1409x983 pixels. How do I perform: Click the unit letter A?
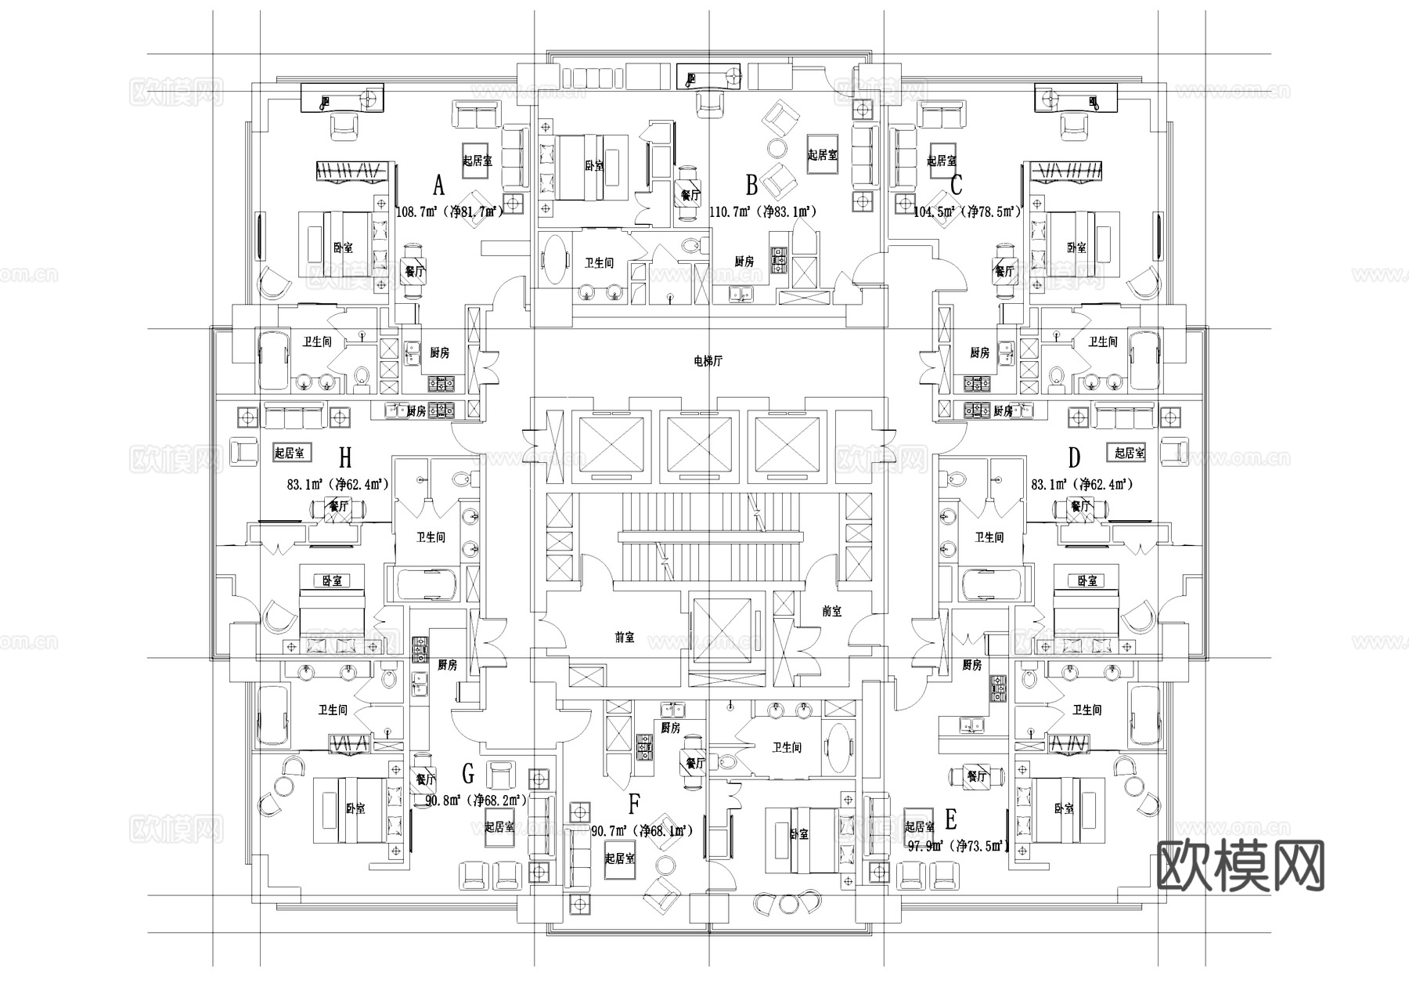(x=438, y=186)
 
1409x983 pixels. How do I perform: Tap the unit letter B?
(x=751, y=186)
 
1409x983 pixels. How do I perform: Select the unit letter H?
(x=345, y=457)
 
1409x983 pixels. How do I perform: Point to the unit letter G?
(x=468, y=775)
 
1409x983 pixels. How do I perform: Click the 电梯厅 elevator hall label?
(x=708, y=361)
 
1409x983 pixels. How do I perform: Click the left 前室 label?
(x=625, y=638)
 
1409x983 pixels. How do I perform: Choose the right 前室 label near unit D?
(x=832, y=611)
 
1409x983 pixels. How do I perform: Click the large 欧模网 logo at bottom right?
(x=1241, y=866)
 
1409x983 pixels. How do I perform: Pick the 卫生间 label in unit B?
(x=599, y=263)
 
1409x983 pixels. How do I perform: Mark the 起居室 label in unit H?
(x=292, y=453)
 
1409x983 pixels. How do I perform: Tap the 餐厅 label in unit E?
(x=976, y=776)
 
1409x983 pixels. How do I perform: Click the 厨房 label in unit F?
(x=670, y=728)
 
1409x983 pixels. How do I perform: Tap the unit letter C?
(x=956, y=186)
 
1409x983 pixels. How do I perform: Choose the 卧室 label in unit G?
(x=355, y=808)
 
